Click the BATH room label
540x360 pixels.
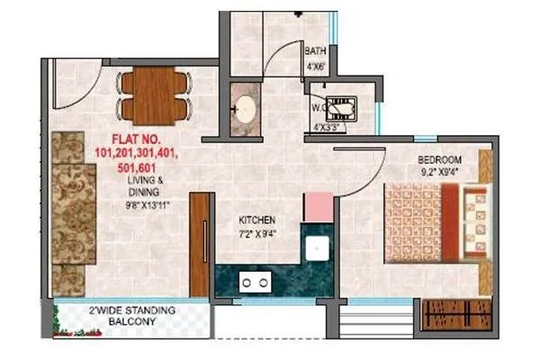click(x=315, y=52)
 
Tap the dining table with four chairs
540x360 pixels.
click(x=154, y=96)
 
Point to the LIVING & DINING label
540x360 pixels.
click(x=145, y=185)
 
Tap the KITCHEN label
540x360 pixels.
click(x=256, y=220)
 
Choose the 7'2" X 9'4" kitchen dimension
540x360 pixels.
click(x=256, y=235)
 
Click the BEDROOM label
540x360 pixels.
click(x=440, y=160)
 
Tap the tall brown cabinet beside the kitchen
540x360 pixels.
click(x=199, y=243)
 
